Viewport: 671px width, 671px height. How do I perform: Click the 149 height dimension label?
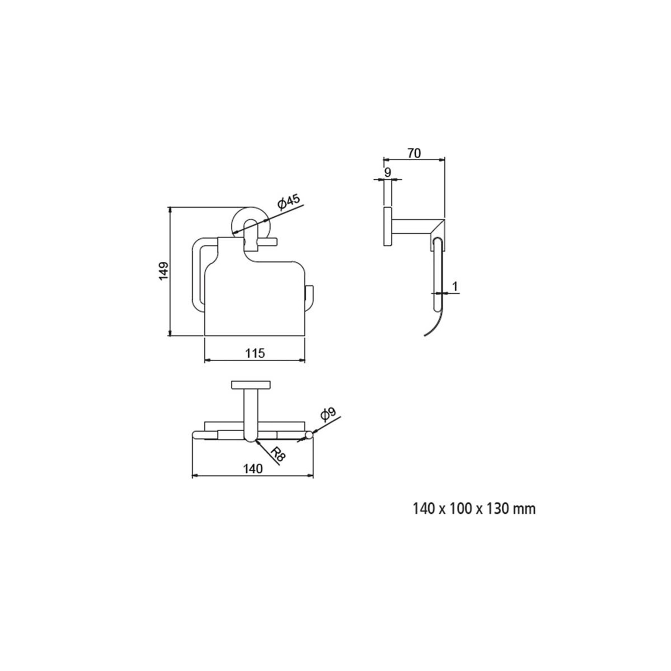pyautogui.click(x=163, y=271)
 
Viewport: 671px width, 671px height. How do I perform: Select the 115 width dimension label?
pyautogui.click(x=255, y=353)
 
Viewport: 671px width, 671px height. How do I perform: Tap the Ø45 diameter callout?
pyautogui.click(x=289, y=202)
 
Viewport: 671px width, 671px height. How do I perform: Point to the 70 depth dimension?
pyautogui.click(x=414, y=153)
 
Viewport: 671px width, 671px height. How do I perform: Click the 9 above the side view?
pyautogui.click(x=388, y=173)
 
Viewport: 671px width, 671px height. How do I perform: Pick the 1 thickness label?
pyautogui.click(x=455, y=286)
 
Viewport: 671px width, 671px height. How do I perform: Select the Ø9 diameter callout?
pyautogui.click(x=328, y=414)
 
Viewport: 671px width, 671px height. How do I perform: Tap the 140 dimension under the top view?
pyautogui.click(x=253, y=469)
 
